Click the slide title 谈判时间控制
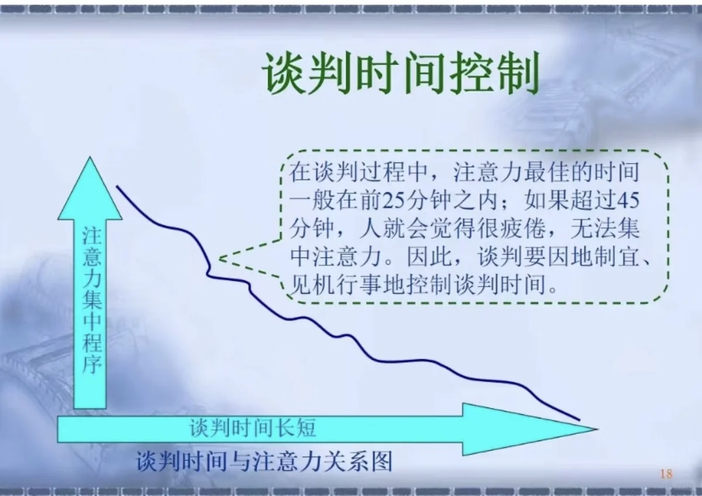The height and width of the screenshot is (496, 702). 400,75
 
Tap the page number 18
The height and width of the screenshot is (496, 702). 666,474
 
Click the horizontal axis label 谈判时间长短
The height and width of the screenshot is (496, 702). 253,428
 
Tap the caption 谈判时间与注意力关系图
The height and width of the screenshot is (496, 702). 264,461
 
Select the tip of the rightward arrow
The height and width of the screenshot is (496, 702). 597,428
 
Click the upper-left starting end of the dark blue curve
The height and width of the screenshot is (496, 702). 117,186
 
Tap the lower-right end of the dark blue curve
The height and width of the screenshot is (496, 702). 579,419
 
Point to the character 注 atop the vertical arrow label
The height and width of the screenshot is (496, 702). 92,236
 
